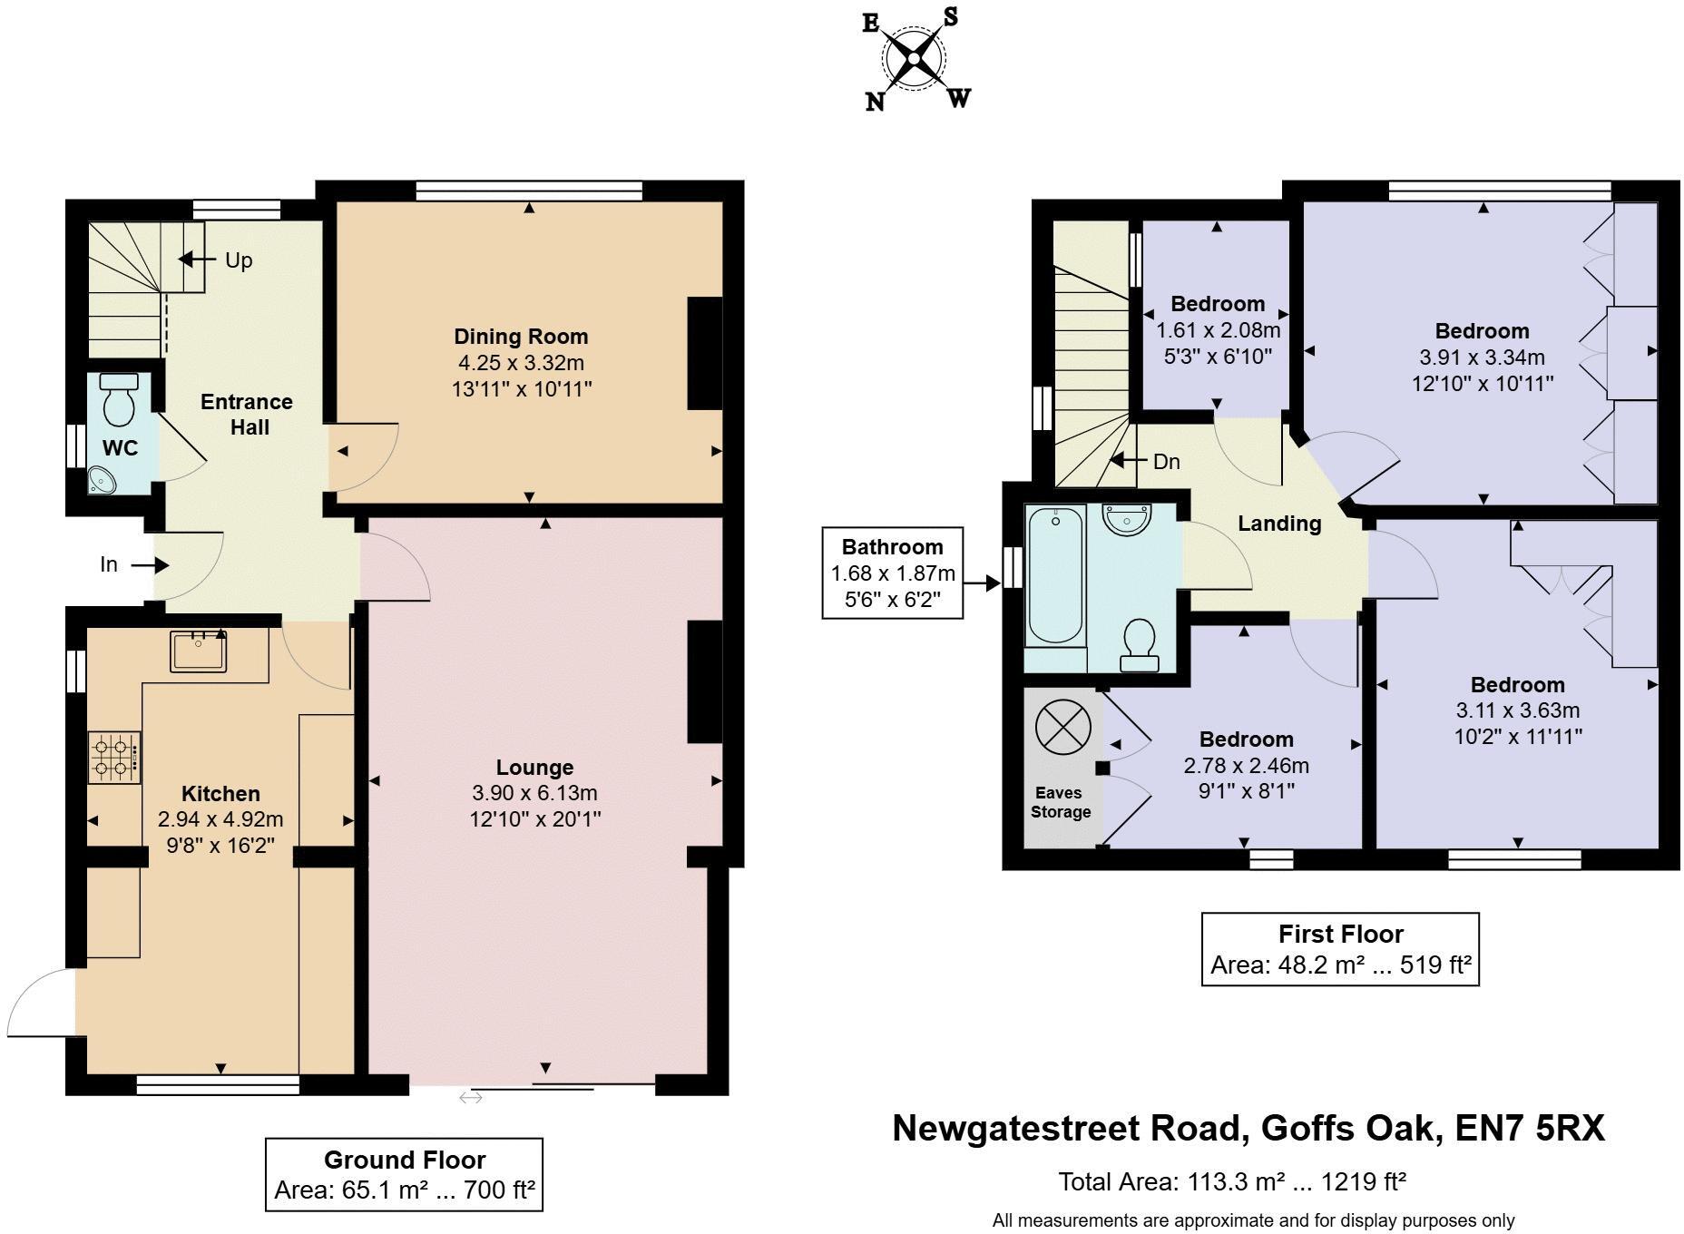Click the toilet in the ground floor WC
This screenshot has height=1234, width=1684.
(x=119, y=399)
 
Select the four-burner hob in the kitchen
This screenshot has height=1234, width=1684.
(x=114, y=759)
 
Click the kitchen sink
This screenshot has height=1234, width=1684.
(x=198, y=651)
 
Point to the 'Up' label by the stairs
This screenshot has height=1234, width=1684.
(x=238, y=260)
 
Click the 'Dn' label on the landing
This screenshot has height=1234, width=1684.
(x=1166, y=462)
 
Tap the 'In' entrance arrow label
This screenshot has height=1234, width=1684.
(x=109, y=565)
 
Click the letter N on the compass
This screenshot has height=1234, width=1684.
(x=875, y=101)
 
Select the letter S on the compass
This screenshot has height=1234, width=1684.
(x=950, y=16)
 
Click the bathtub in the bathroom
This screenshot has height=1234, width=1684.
(x=1055, y=575)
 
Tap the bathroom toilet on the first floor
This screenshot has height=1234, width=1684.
(x=1139, y=644)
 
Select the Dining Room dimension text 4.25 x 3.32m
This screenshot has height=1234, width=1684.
(x=520, y=363)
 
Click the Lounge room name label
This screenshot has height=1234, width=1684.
(x=534, y=768)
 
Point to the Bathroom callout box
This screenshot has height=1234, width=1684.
(x=892, y=573)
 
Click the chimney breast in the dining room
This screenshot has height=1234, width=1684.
(x=704, y=354)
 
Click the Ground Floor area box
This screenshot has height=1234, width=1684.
(x=404, y=1174)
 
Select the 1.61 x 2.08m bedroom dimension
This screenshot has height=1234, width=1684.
(x=1218, y=330)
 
